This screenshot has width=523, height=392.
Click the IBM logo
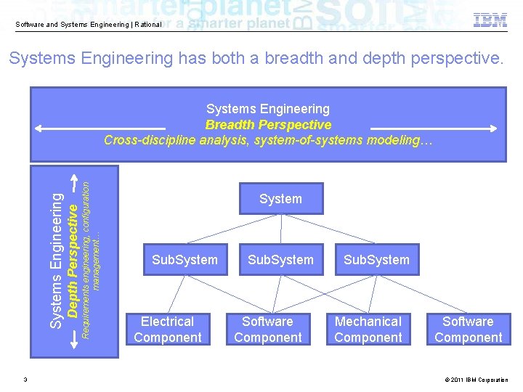point(490,20)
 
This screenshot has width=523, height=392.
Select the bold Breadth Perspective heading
point(268,125)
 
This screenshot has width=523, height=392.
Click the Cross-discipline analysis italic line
point(268,140)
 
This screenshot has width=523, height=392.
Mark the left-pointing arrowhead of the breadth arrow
point(39,128)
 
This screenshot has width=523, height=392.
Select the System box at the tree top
point(280,199)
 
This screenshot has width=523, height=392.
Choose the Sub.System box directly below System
point(280,260)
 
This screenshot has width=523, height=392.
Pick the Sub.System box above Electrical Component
point(185,260)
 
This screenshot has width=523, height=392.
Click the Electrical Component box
point(168,330)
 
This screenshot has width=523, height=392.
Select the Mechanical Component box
point(368,330)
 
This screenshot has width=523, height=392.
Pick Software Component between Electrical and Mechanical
point(268,330)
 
